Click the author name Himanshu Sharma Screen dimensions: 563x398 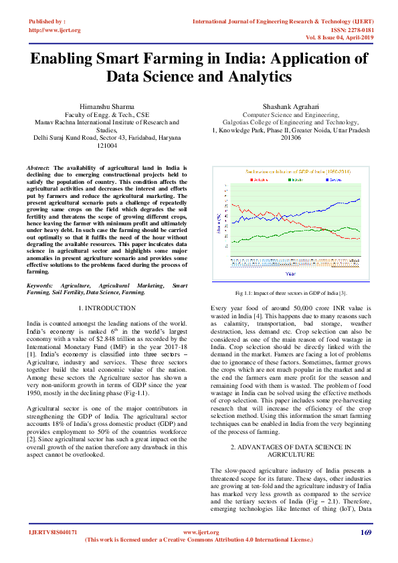pos(107,106)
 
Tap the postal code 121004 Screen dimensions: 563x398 pos(107,145)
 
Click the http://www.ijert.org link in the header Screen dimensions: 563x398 pos(55,30)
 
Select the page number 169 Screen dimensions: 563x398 pos(365,532)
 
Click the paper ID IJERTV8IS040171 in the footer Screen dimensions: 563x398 pos(53,532)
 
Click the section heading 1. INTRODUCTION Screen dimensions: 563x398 pos(107,308)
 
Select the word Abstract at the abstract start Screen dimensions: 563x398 pos(38,168)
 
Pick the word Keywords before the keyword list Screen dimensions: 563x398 pos(41,285)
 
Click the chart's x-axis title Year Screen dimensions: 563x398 pos(290,273)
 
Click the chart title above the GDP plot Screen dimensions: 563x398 pos(290,171)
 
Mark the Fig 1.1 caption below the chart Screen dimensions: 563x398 pos(290,293)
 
